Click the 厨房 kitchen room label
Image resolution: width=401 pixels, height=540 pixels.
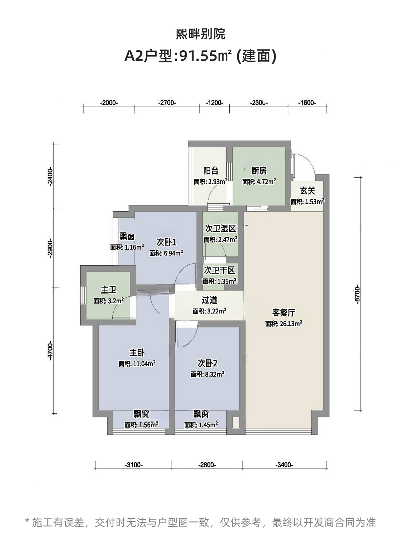[x=259, y=171]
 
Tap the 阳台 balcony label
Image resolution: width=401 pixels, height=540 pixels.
[x=211, y=171]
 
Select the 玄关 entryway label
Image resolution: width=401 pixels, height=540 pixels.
[x=307, y=190]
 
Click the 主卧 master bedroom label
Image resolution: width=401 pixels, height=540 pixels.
[x=137, y=352]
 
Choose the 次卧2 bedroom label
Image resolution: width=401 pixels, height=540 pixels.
[x=207, y=363]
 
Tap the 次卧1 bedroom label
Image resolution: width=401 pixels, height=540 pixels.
[x=166, y=242]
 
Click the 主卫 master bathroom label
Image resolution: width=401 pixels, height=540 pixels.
[x=109, y=290]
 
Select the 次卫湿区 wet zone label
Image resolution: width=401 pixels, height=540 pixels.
[x=221, y=229]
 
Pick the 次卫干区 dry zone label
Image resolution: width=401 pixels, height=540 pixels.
[x=219, y=270]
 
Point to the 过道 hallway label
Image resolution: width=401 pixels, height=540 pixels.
[x=209, y=300]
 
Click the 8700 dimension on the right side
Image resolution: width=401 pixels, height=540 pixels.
[x=357, y=294]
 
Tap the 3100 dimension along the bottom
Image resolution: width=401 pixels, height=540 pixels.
[x=134, y=465]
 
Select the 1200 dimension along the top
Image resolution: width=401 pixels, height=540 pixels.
[x=214, y=103]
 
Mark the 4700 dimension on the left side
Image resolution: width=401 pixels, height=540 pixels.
[x=50, y=350]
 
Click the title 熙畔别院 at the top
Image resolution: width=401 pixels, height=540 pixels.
[x=200, y=34]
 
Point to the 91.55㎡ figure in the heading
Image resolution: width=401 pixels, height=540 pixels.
[x=205, y=56]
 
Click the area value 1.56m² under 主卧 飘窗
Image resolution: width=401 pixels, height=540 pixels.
[x=149, y=425]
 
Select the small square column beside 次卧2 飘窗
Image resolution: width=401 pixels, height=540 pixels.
[x=236, y=423]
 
